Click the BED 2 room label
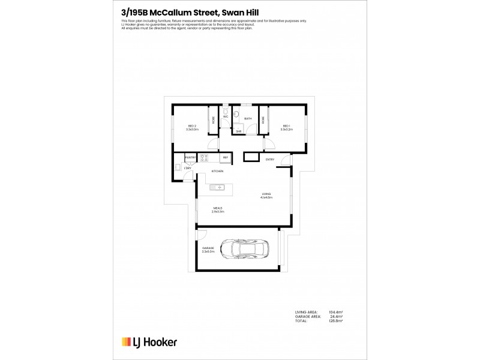coord(192,127)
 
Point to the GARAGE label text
coord(208,248)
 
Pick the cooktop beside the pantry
coord(204,158)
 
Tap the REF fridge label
coord(226,158)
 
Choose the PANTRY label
coord(190,157)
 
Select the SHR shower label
coord(238,131)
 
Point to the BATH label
coord(247,119)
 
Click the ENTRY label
coord(270,160)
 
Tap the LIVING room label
coord(266,194)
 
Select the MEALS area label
coord(218,208)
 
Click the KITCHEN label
coord(217,172)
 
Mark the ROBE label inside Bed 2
coord(212,119)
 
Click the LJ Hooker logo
coord(149,342)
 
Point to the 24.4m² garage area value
coord(336,317)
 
